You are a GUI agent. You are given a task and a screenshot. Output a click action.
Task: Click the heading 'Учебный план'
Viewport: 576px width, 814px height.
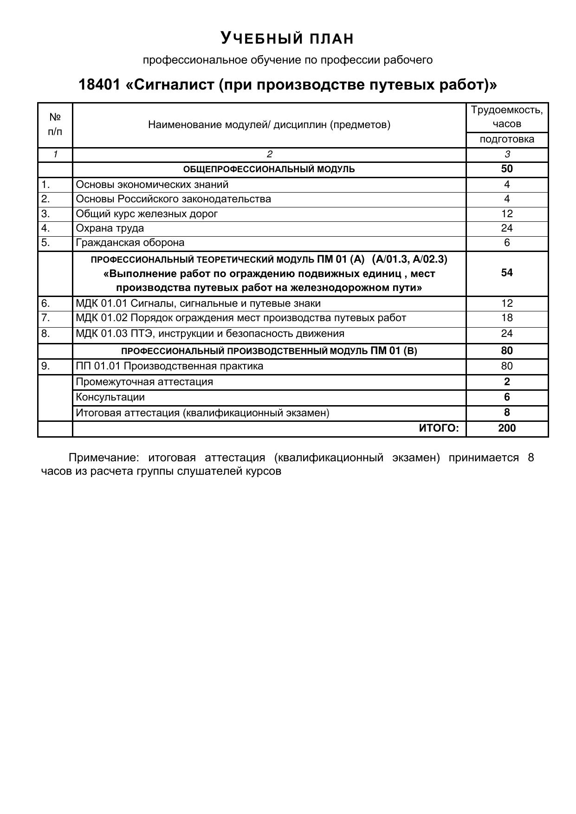pos(287,38)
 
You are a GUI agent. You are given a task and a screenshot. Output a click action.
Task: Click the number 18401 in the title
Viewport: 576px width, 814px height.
pos(99,85)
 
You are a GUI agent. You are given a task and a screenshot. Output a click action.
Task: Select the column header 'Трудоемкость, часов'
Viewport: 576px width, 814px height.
pos(506,117)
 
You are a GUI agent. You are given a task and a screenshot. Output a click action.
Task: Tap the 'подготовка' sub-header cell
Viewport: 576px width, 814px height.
pos(506,139)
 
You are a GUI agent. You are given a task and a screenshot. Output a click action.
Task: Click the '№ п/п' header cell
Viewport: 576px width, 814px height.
pos(55,124)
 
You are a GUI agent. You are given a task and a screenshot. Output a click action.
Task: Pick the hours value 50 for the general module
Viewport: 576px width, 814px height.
pos(506,169)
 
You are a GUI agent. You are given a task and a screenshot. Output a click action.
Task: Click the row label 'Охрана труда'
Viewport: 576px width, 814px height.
pos(110,228)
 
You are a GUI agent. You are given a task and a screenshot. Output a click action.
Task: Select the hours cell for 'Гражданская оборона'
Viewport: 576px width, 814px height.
pos(506,243)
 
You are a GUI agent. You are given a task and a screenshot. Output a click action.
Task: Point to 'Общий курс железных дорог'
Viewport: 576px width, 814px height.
pos(147,214)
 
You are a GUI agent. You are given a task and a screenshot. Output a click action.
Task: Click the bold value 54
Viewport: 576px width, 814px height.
pos(506,273)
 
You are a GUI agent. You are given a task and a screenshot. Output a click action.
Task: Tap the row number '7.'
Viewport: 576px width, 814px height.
pos(45,318)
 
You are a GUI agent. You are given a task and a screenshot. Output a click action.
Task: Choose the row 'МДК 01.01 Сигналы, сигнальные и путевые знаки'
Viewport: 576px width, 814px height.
pos(198,304)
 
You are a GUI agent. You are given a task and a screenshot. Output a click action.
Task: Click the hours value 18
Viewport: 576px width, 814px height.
pos(506,318)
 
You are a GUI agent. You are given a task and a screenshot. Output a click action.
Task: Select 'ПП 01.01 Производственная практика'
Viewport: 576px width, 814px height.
pos(169,366)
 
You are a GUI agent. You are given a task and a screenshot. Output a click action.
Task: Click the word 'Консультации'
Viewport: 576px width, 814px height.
pos(110,397)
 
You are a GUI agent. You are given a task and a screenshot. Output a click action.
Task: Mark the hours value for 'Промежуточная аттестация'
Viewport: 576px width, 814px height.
pos(506,382)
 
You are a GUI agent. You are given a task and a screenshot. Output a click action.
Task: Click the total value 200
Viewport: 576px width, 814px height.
pos(506,428)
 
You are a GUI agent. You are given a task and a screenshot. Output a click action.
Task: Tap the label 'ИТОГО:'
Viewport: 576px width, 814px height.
pos(439,428)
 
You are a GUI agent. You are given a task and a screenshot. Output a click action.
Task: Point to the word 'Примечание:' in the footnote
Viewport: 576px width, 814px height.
pos(104,458)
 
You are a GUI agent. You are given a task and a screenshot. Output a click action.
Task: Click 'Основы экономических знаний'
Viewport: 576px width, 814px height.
pos(152,185)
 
